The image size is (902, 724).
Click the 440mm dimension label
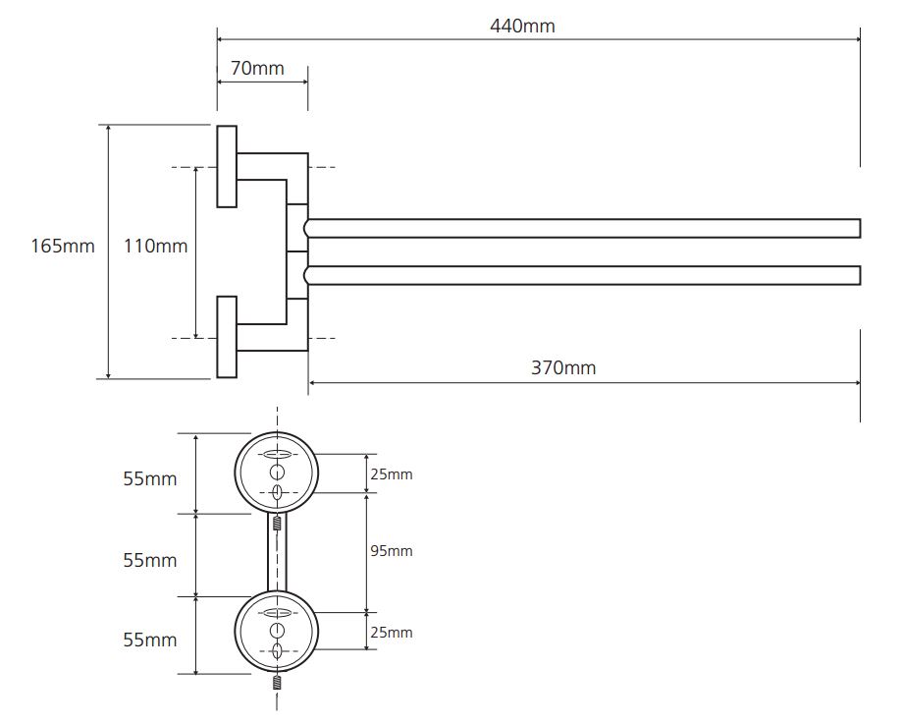[522, 26]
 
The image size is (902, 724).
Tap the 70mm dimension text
[257, 68]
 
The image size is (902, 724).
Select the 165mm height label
[63, 246]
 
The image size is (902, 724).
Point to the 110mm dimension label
[155, 246]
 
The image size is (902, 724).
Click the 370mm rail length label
[563, 367]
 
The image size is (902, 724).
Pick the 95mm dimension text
[392, 551]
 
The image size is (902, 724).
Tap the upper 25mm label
[392, 474]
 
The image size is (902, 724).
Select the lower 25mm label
[392, 632]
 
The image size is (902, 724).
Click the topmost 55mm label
[149, 478]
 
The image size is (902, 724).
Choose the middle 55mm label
[149, 560]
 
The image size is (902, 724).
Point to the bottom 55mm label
[149, 640]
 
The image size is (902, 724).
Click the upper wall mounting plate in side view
[227, 166]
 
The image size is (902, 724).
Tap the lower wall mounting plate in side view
[227, 337]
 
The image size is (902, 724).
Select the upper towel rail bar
[582, 228]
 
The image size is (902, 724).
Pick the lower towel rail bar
[582, 275]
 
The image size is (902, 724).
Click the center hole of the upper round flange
[277, 473]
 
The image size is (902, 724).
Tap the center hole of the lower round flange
[277, 630]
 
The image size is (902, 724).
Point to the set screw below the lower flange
[277, 682]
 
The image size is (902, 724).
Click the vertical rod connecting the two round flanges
[277, 552]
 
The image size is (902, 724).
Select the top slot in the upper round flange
[277, 454]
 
